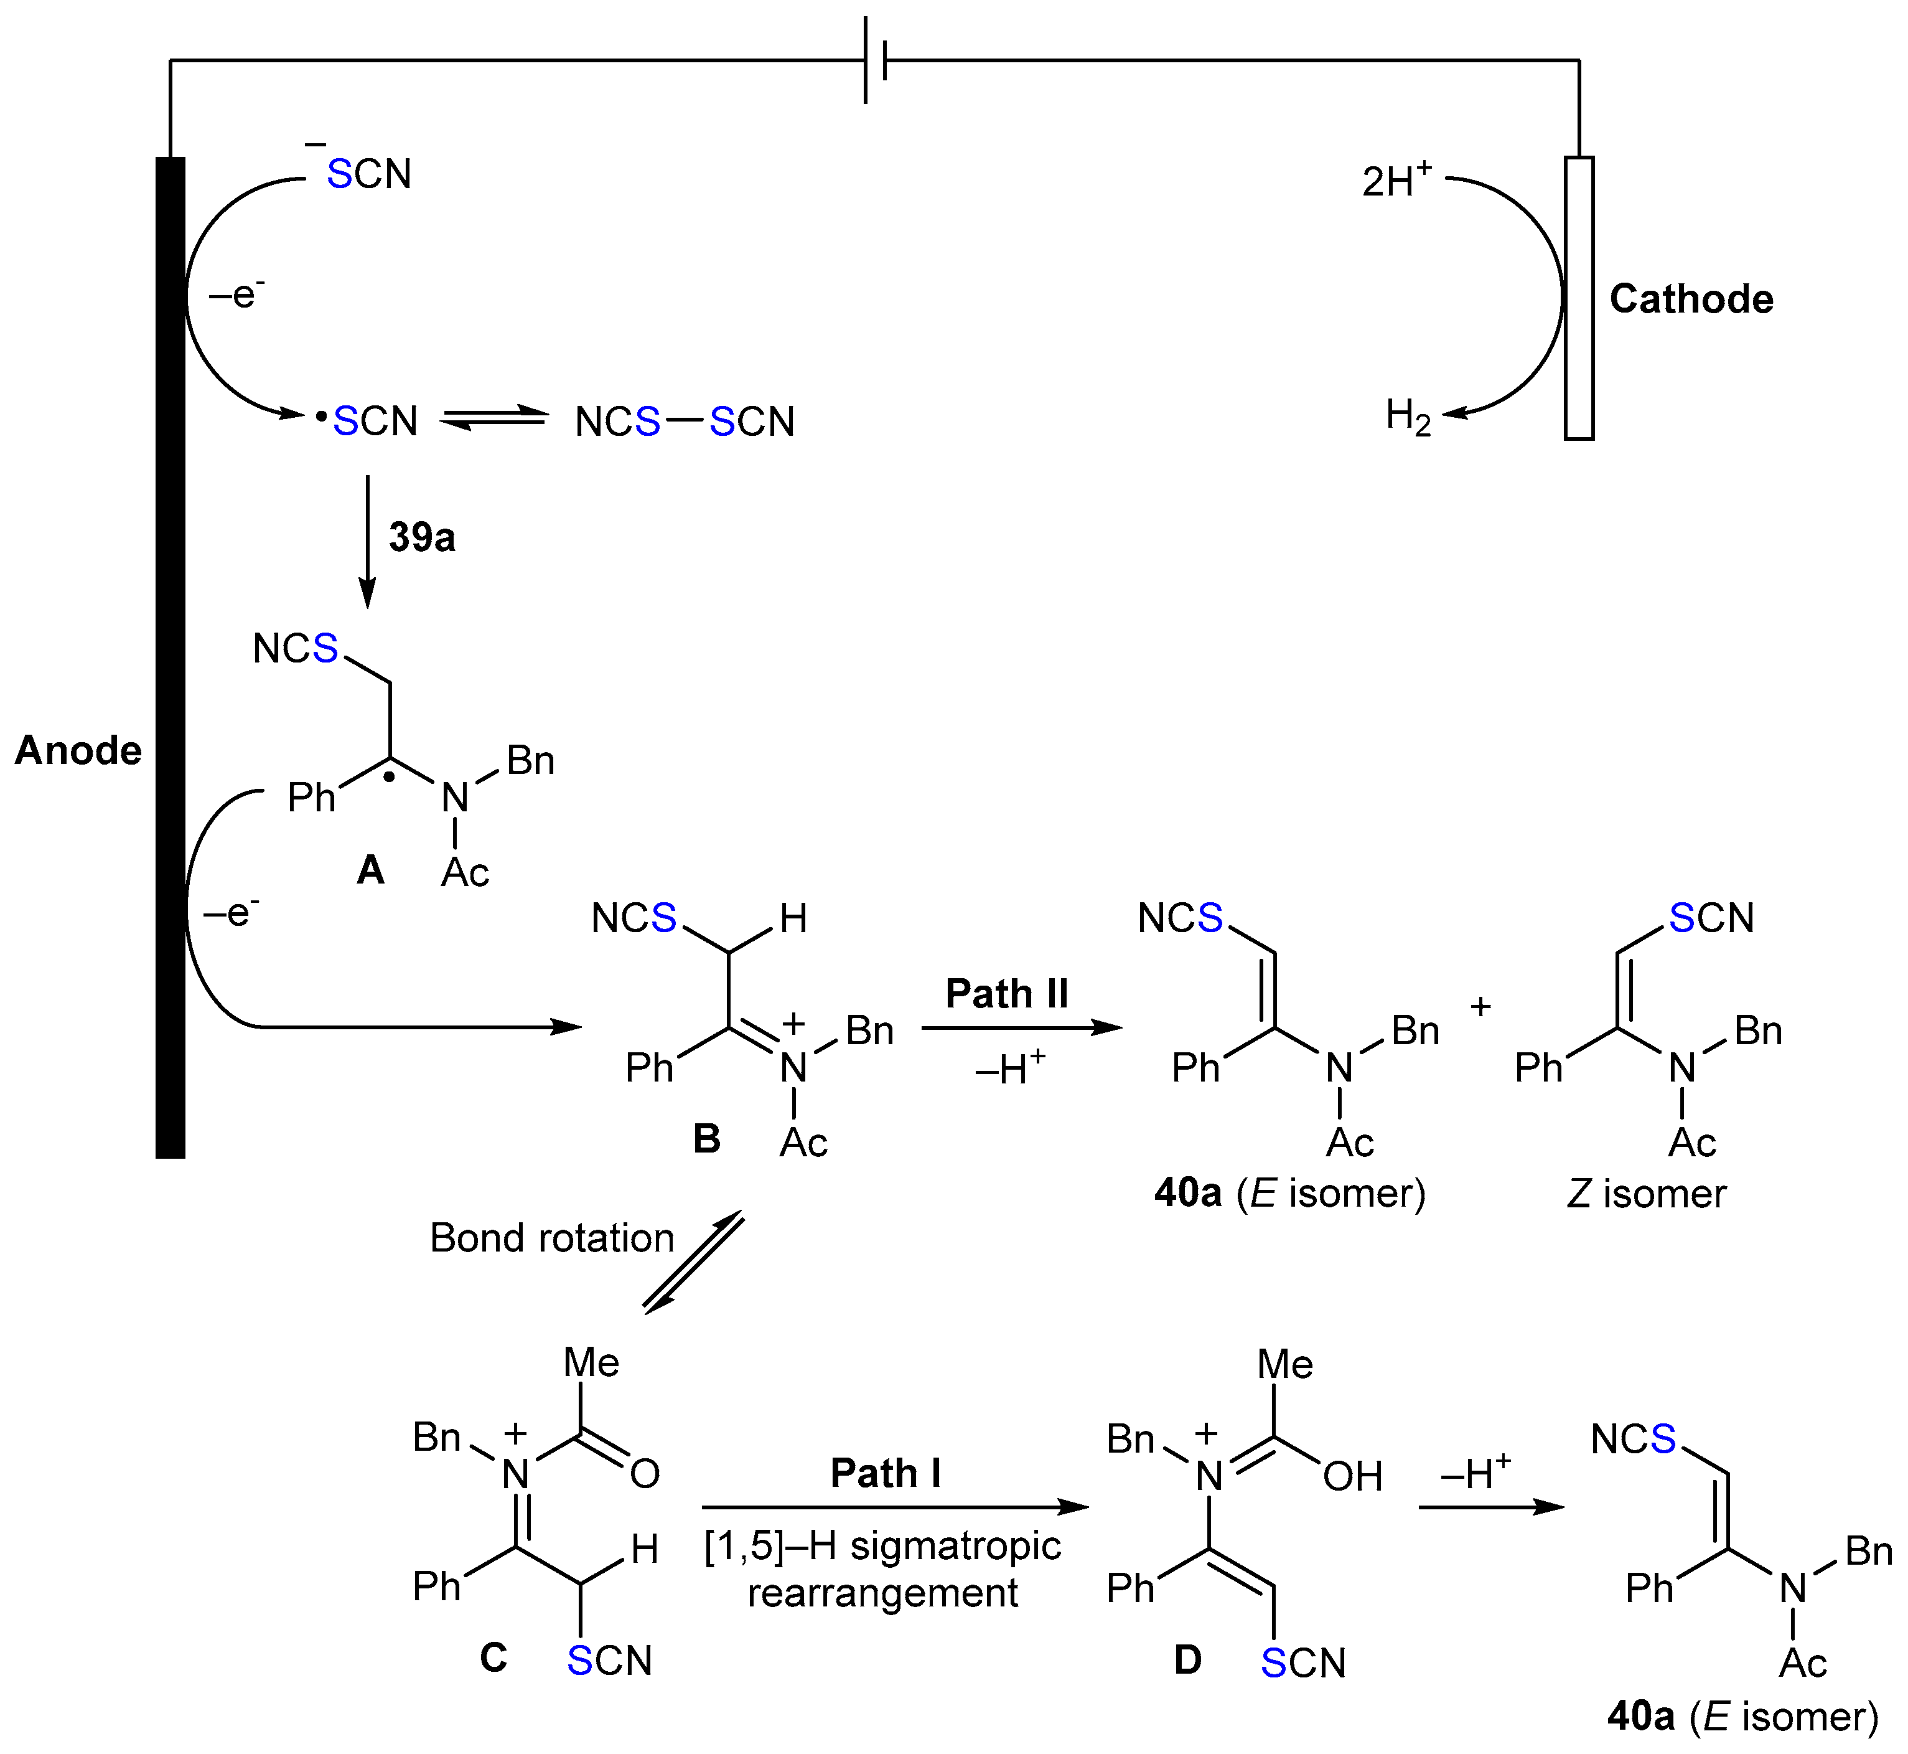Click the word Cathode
[1691, 299]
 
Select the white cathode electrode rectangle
[1579, 298]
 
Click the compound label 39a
[421, 537]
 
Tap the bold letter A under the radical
[370, 869]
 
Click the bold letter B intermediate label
[707, 1139]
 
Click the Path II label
[1007, 994]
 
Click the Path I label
[885, 1473]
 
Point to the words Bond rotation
[551, 1238]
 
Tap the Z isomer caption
[1646, 1193]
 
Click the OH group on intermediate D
[1352, 1477]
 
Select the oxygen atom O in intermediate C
[644, 1474]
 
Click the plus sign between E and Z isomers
[1480, 1006]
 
